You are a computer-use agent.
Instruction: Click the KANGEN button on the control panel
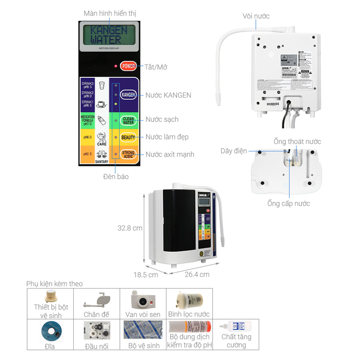128,95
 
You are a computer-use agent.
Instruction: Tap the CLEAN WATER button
128,121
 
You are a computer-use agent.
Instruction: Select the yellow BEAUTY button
128,137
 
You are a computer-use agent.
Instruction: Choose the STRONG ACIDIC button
128,154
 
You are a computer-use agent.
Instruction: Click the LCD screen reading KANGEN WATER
109,35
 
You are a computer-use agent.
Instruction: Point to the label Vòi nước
256,16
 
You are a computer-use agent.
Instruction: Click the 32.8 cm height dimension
130,228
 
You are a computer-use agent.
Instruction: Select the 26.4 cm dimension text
197,274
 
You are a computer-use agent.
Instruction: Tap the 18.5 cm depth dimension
146,275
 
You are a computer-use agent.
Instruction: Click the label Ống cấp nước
289,203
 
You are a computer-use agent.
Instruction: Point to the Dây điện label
234,151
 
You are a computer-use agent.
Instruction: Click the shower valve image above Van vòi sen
143,300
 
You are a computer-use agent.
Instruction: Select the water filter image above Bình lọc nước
189,301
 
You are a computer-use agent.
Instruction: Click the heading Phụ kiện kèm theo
55,283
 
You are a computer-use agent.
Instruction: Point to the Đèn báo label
116,177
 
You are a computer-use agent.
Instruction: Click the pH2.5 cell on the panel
87,154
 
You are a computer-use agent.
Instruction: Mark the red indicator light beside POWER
115,66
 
